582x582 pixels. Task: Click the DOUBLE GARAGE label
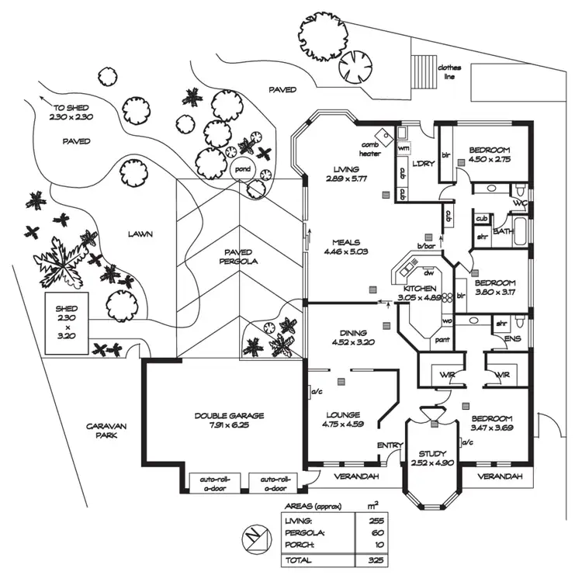click(x=229, y=420)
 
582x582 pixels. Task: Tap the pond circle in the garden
click(x=243, y=168)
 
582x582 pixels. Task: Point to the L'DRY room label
click(x=422, y=163)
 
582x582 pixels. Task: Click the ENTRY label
click(x=386, y=445)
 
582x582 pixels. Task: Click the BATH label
click(x=503, y=231)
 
